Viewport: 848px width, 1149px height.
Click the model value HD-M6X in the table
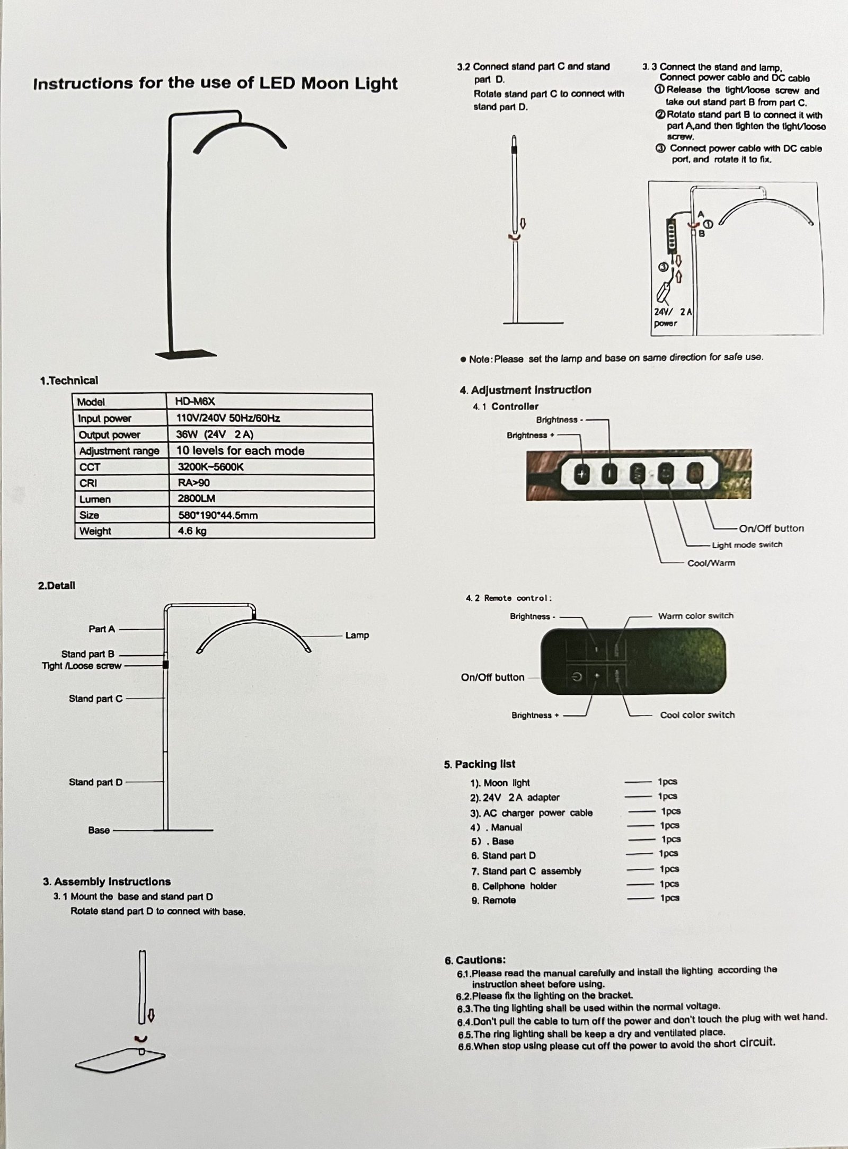pos(195,402)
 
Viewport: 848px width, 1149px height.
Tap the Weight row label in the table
pos(95,531)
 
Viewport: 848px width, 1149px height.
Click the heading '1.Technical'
pos(69,381)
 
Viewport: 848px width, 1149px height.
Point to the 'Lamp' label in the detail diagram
pos(357,635)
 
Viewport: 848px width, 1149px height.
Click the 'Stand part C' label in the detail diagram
pos(95,699)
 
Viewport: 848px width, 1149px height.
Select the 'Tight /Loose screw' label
pos(82,666)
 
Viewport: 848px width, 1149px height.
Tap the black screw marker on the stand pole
pos(166,664)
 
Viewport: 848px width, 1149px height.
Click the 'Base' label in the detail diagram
pos(99,830)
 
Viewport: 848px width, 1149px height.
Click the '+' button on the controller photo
pos(582,474)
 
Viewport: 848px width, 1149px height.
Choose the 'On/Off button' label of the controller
pos(771,528)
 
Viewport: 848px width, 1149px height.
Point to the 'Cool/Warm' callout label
pos(711,563)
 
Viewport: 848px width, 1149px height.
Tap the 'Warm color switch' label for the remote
pos(695,616)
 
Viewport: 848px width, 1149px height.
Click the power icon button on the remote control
pos(577,677)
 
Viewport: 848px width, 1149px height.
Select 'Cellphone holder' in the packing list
pos(519,886)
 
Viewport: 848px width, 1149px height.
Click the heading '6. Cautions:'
pos(475,960)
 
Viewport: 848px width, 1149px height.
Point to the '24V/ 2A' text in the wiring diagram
pos(673,312)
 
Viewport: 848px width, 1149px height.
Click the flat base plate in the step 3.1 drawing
pos(120,1062)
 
